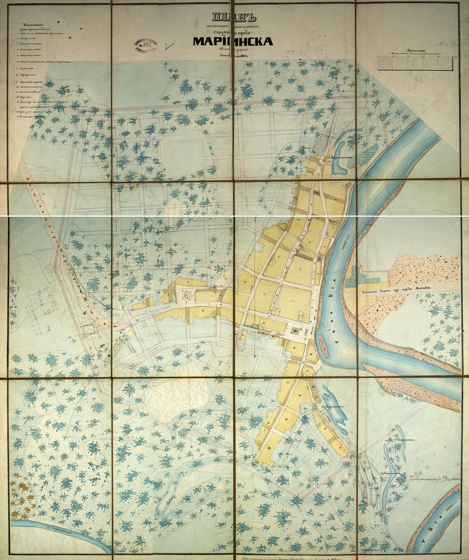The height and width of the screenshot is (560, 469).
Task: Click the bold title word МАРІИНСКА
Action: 233,41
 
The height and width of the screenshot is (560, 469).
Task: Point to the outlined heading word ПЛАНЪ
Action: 234,18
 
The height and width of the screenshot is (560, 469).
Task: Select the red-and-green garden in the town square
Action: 295,330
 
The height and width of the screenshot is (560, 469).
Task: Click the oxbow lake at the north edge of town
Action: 339,158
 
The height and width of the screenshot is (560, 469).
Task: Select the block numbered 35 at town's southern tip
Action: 340,447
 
